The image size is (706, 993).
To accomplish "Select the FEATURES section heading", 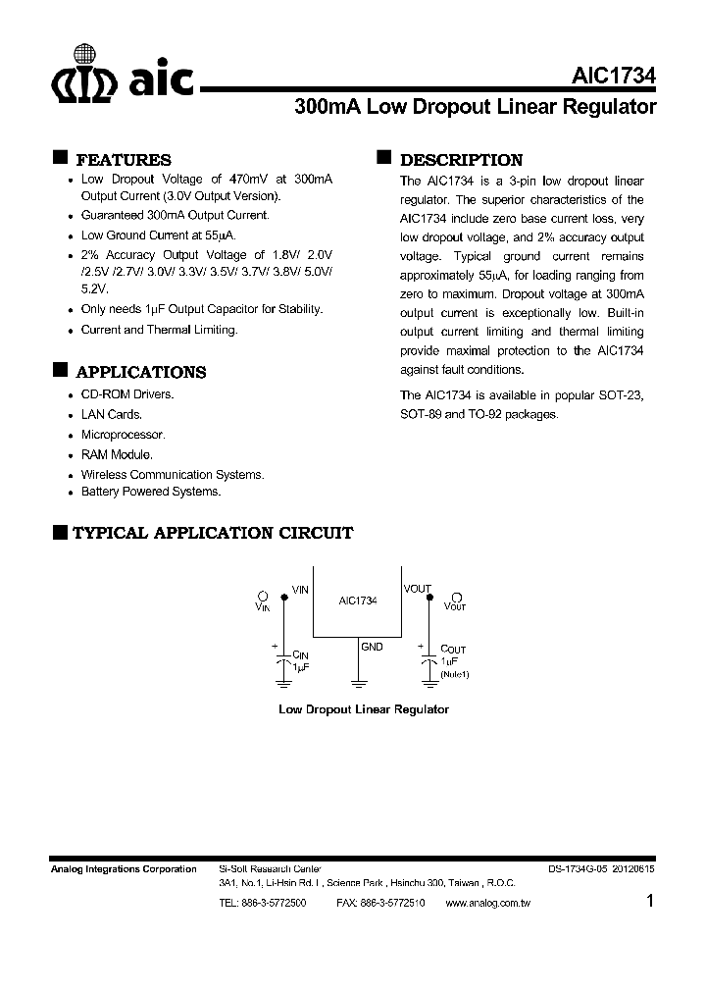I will click(x=123, y=160).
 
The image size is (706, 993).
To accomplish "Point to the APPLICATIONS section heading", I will click(x=140, y=372).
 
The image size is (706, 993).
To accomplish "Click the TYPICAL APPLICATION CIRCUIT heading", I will click(x=213, y=533).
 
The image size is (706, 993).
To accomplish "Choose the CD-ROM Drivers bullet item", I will click(x=126, y=394).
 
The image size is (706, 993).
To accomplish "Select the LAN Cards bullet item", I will click(x=111, y=414).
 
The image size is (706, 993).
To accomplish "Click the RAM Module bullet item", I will click(x=117, y=455).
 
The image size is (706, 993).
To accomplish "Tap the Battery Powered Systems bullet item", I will click(x=150, y=492).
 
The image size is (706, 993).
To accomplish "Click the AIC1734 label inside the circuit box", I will click(x=358, y=600).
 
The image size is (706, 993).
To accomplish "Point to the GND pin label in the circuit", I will click(x=372, y=647).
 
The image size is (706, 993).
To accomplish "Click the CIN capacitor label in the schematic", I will click(x=300, y=653).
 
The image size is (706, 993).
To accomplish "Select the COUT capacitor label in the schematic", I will click(x=453, y=650).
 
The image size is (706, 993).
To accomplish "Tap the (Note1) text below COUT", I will click(x=455, y=675).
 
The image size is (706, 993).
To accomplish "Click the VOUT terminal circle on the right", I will click(x=455, y=596).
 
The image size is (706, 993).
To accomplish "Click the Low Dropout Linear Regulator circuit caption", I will click(x=364, y=708).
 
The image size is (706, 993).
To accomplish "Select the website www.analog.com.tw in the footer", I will click(x=487, y=902).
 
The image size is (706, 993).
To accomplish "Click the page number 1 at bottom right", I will click(x=651, y=902).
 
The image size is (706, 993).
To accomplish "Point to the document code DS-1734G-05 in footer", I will click(x=580, y=869).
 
